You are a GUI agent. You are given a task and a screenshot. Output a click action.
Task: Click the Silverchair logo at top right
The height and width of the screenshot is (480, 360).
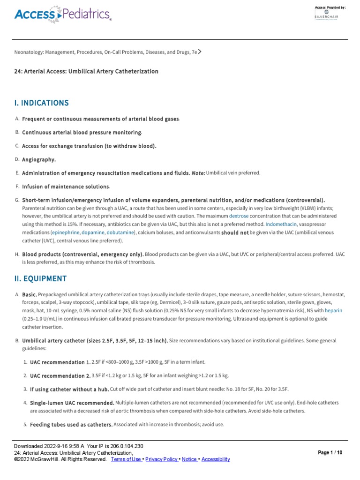[x=327, y=15]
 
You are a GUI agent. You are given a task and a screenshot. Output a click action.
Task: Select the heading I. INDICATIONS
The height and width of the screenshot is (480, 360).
[x=41, y=103]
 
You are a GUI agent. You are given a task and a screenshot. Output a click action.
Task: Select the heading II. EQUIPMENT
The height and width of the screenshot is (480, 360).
[x=40, y=279]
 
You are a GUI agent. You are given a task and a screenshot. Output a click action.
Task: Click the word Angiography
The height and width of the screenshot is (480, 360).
[x=39, y=159]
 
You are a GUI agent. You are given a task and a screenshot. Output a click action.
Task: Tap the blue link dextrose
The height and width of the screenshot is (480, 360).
[x=239, y=216]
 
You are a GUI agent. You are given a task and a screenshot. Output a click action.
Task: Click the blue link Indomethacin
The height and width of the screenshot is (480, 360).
[x=281, y=224]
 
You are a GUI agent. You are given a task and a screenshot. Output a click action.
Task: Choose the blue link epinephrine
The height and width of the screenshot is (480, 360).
[x=65, y=232]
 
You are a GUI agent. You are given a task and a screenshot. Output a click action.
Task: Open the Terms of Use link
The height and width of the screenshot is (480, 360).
[x=126, y=459]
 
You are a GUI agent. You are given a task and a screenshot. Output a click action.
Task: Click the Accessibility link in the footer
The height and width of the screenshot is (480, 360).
[x=216, y=459]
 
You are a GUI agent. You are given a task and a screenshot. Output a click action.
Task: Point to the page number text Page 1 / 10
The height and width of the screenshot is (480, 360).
[x=330, y=453]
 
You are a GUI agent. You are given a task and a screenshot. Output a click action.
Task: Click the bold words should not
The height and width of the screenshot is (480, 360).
[x=235, y=232]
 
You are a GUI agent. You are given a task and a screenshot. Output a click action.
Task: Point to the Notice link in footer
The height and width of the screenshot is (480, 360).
[x=189, y=459]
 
